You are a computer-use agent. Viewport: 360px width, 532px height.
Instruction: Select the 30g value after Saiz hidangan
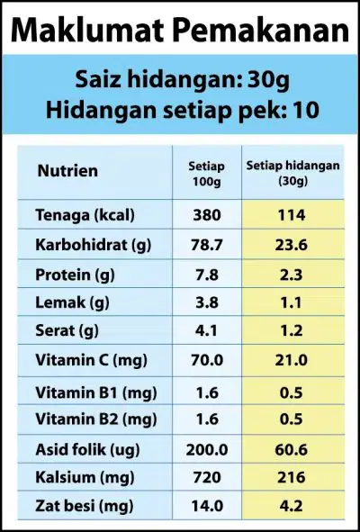click(268, 81)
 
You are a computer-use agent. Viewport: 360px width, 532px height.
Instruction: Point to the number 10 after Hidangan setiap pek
click(306, 110)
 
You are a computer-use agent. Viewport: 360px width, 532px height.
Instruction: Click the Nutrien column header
click(67, 171)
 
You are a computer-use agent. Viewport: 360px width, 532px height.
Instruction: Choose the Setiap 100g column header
click(207, 174)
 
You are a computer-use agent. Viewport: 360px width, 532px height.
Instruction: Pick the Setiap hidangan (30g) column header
click(292, 173)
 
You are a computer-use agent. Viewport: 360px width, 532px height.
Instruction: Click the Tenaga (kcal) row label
click(85, 215)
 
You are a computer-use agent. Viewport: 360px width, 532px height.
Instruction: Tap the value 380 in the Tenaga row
click(207, 215)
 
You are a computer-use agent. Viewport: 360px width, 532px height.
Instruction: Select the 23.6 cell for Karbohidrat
click(292, 245)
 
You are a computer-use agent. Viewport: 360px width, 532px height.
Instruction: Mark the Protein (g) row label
click(75, 275)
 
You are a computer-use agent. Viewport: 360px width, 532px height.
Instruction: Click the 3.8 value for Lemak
click(207, 302)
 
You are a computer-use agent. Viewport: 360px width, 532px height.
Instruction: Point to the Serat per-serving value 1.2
click(292, 330)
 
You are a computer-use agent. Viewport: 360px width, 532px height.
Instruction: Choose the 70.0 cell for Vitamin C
click(207, 360)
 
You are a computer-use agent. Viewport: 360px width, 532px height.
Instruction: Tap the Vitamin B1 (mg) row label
click(96, 392)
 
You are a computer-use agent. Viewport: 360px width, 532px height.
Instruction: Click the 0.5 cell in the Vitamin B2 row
click(292, 419)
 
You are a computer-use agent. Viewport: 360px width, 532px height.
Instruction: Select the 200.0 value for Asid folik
click(207, 450)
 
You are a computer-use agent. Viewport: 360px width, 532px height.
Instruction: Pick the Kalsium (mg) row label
click(85, 478)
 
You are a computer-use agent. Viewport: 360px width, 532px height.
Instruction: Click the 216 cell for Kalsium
click(292, 478)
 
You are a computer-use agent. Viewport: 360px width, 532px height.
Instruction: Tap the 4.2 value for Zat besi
click(292, 506)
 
